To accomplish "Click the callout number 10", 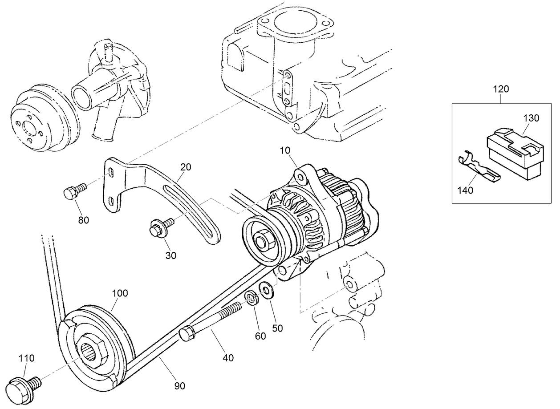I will (x=285, y=151).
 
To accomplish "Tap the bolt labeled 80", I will (x=74, y=193).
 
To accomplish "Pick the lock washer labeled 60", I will (x=251, y=298).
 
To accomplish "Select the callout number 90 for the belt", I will (x=179, y=386).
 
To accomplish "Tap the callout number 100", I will (x=120, y=293).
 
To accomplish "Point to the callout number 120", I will (x=501, y=89).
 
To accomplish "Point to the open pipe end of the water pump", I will (x=81, y=97).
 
